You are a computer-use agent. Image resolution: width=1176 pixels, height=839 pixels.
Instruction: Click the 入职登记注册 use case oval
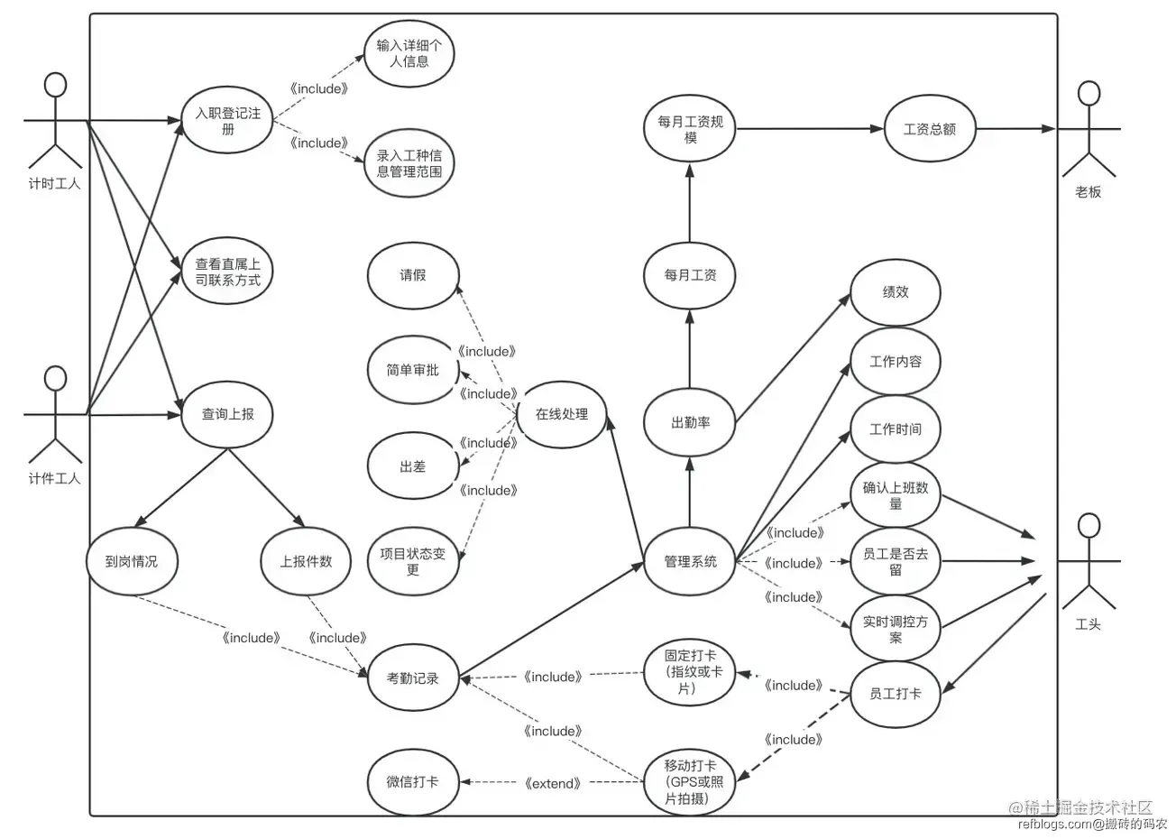click(x=227, y=121)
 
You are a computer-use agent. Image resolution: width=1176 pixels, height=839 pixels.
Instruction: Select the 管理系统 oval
click(x=690, y=561)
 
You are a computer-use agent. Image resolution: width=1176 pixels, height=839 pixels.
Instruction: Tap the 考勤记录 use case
click(x=413, y=678)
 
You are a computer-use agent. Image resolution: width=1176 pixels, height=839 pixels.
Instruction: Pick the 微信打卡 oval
click(x=413, y=782)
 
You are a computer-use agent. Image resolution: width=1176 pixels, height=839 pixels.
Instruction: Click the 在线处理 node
click(x=561, y=414)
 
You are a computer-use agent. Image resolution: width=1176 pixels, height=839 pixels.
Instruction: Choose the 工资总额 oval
click(x=929, y=129)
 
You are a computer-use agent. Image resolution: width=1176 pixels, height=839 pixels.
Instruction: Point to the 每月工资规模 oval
click(x=690, y=129)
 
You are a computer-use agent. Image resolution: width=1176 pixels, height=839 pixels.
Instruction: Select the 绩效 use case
click(x=895, y=292)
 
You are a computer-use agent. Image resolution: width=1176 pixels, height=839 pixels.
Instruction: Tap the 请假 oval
click(x=413, y=275)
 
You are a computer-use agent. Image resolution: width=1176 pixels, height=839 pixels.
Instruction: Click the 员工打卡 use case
click(x=895, y=694)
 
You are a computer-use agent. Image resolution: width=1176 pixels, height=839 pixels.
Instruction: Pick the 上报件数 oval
click(x=306, y=561)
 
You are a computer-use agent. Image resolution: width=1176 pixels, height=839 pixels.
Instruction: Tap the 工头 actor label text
click(x=1089, y=624)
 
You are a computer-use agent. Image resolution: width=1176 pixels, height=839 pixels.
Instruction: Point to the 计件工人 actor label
click(x=55, y=478)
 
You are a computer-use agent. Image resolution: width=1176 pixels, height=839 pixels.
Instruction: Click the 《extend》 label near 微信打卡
click(x=552, y=784)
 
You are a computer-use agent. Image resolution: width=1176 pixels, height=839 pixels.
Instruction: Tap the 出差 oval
click(x=413, y=466)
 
